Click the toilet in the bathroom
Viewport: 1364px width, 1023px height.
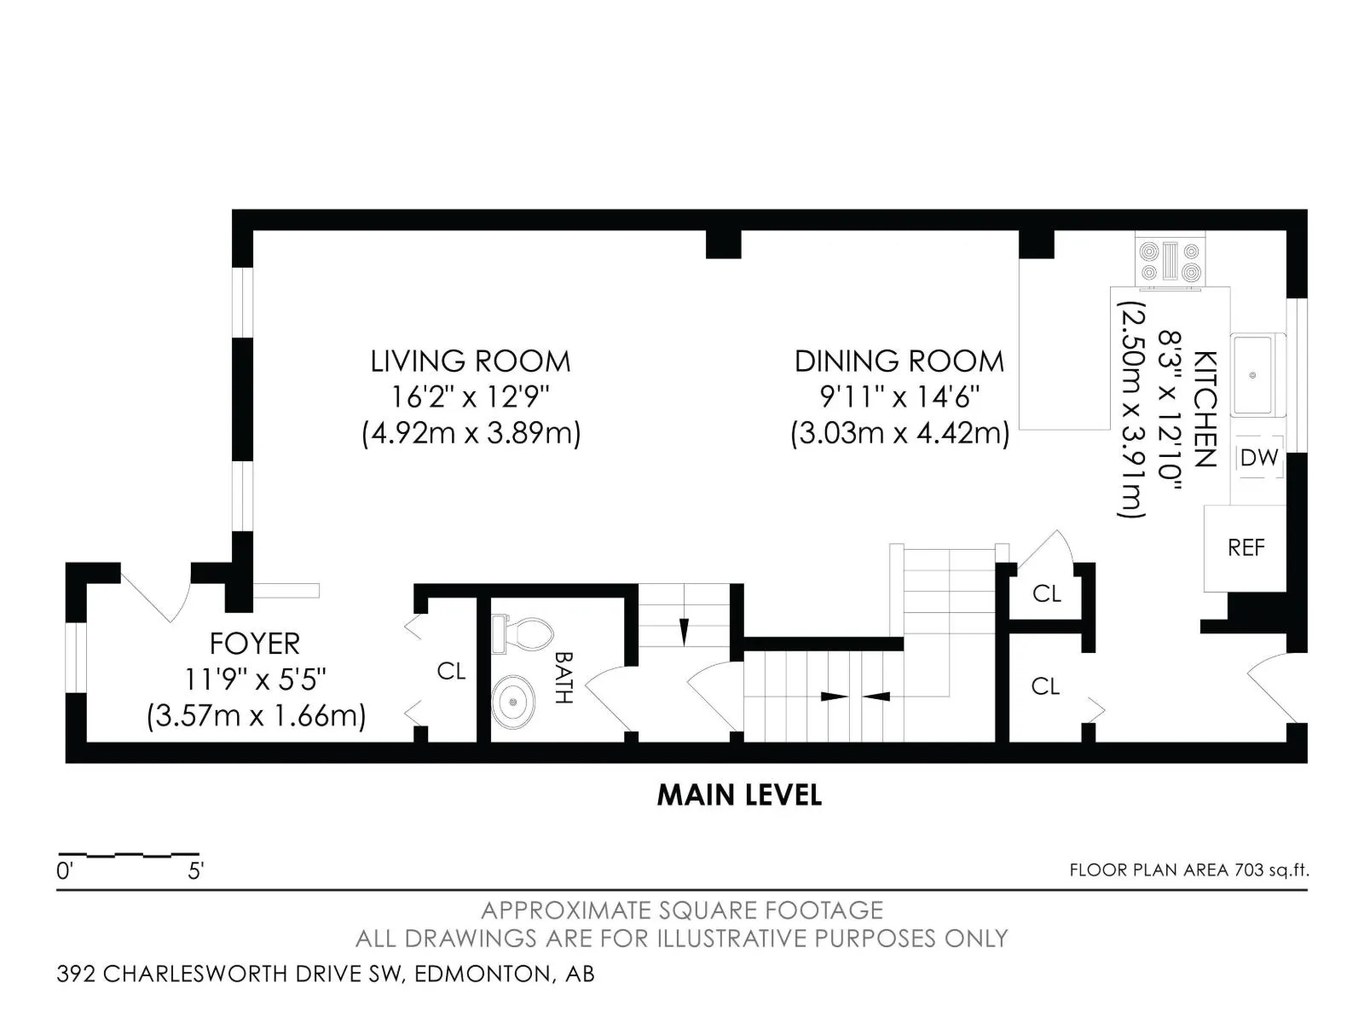click(x=522, y=633)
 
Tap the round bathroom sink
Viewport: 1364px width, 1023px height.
click(x=513, y=702)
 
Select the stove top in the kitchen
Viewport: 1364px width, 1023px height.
click(x=1170, y=262)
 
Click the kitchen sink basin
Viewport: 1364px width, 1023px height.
click(x=1253, y=375)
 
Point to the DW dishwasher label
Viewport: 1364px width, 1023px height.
click(x=1258, y=458)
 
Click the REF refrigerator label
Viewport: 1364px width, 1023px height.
click(x=1246, y=547)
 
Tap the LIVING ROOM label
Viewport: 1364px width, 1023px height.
click(x=471, y=361)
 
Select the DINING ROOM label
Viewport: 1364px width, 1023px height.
click(x=899, y=361)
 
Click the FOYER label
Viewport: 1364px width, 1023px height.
click(x=255, y=644)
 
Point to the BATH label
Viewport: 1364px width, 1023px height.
click(x=563, y=677)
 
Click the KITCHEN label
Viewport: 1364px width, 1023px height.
click(x=1205, y=409)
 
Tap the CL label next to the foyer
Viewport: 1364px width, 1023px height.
click(x=451, y=671)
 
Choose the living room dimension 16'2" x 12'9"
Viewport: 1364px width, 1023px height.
click(x=471, y=396)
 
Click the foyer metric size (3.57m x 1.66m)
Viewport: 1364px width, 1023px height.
click(x=256, y=715)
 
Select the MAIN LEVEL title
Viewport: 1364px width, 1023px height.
click(x=739, y=795)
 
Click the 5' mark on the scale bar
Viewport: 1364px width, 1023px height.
click(x=196, y=871)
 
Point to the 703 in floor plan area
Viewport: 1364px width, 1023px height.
click(x=1249, y=870)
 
